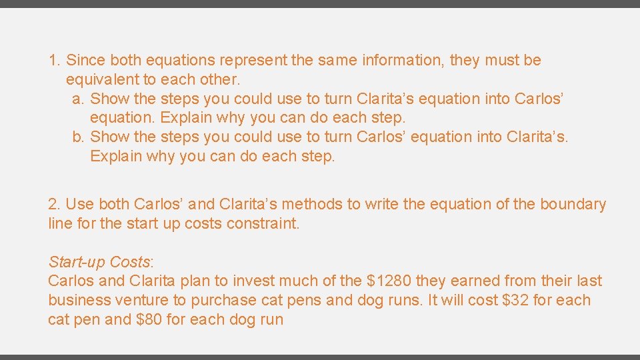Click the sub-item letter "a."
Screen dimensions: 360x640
pyautogui.click(x=78, y=99)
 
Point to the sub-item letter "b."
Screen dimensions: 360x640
pyautogui.click(x=78, y=137)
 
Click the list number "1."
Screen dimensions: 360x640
pyautogui.click(x=55, y=61)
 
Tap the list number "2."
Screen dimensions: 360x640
pyautogui.click(x=55, y=205)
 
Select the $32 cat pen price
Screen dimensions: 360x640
pyautogui.click(x=517, y=301)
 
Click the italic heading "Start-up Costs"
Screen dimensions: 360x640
pyautogui.click(x=99, y=262)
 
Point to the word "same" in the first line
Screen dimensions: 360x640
pyautogui.click(x=337, y=61)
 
